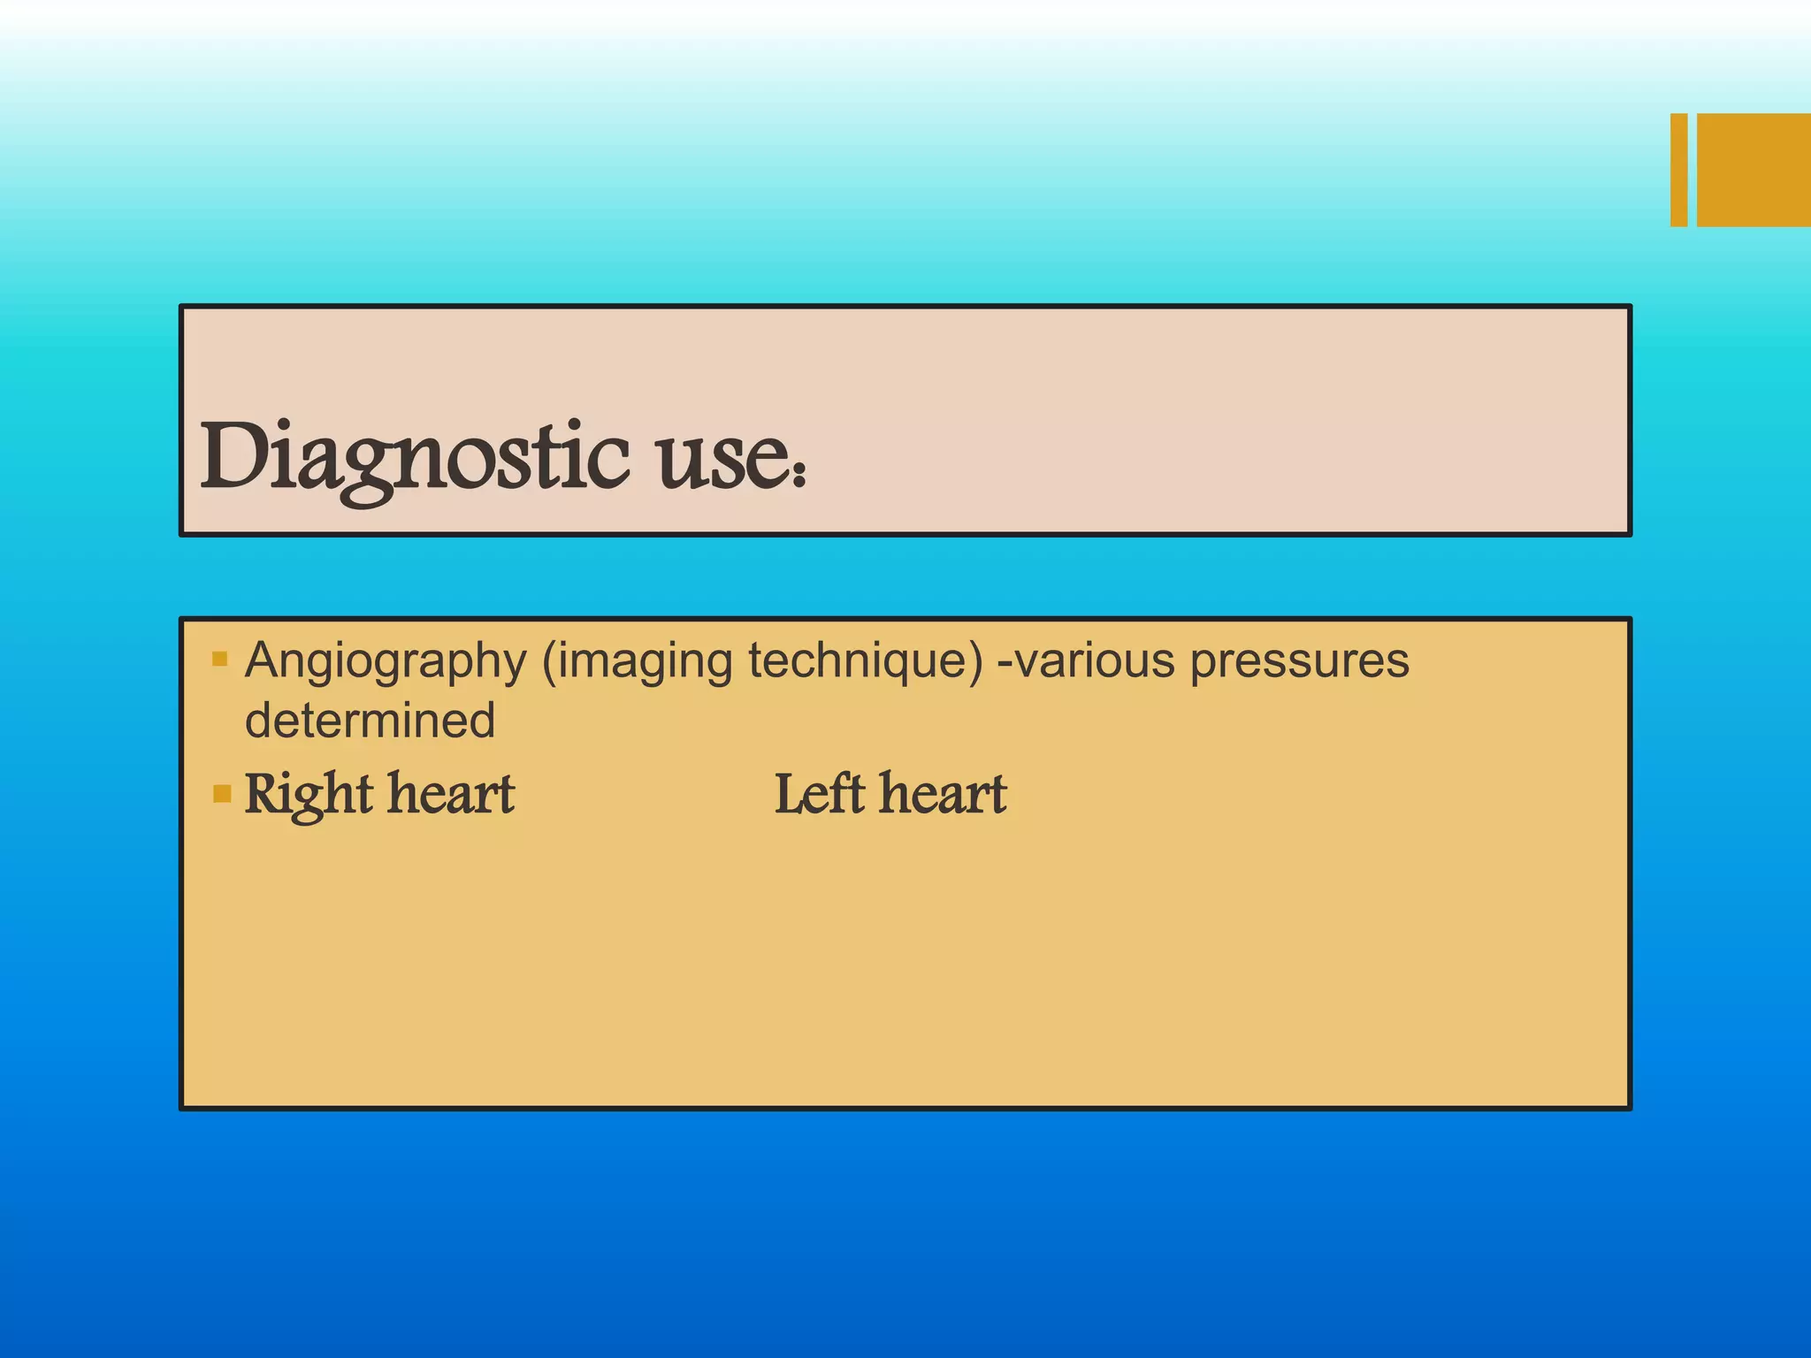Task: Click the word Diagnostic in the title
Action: [x=414, y=458]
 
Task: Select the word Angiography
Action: [x=386, y=661]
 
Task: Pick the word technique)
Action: [x=865, y=661]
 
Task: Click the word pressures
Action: [x=1299, y=661]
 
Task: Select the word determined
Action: [x=370, y=720]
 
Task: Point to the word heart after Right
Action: [x=452, y=793]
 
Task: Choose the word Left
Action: [x=819, y=793]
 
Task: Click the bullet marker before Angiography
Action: [x=220, y=659]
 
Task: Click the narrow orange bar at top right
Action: [x=1678, y=170]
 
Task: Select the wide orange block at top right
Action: [x=1754, y=170]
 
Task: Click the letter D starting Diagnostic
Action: [x=232, y=456]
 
